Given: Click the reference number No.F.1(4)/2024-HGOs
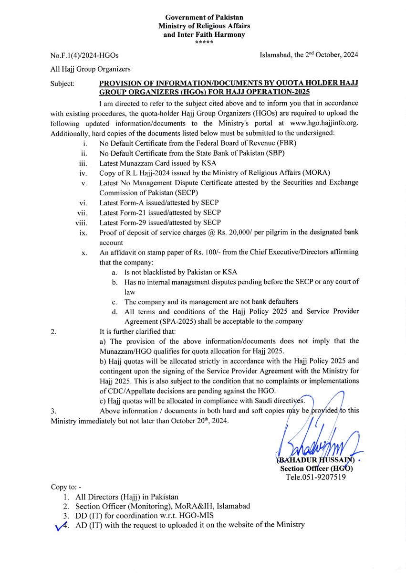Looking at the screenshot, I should point(84,55).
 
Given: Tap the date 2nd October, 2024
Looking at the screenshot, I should point(332,55).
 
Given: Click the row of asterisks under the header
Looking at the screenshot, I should point(204,43).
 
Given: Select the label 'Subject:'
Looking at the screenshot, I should point(62,84).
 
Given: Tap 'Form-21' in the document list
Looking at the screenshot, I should point(136,212).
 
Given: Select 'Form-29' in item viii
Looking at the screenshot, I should point(136,223).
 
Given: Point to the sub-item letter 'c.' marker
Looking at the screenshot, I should point(115,302).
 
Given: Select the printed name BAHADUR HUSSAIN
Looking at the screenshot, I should point(315,460).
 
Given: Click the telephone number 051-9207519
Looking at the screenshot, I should point(325,477).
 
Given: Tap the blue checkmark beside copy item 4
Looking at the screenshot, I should point(61,526).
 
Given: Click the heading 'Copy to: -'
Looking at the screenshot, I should point(66,487).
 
